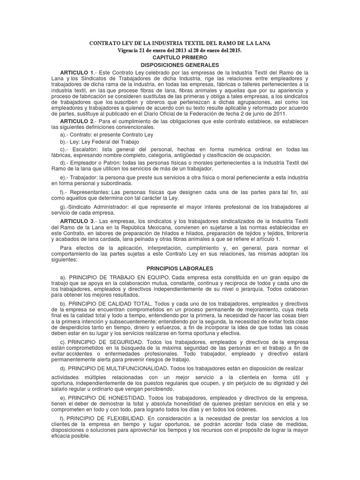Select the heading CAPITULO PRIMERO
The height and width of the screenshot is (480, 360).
pyautogui.click(x=180, y=57)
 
